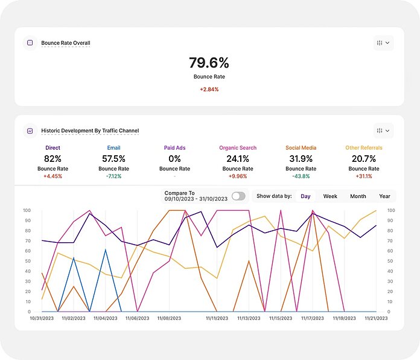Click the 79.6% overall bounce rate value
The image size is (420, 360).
pyautogui.click(x=209, y=63)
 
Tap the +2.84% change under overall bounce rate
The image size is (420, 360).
pyautogui.click(x=209, y=89)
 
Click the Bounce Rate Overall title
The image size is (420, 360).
pyautogui.click(x=65, y=43)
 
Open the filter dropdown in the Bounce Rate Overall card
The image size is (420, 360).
pyautogui.click(x=383, y=43)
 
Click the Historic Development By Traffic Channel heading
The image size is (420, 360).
pyautogui.click(x=90, y=130)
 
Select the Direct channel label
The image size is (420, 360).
pyautogui.click(x=52, y=147)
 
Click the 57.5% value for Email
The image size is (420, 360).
pyautogui.click(x=113, y=158)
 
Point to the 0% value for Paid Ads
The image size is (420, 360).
pyautogui.click(x=174, y=158)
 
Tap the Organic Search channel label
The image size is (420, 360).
pyautogui.click(x=237, y=147)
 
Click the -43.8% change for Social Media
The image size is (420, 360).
pyautogui.click(x=301, y=176)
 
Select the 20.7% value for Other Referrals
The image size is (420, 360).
pyautogui.click(x=364, y=158)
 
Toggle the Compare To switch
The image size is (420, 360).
pyautogui.click(x=238, y=196)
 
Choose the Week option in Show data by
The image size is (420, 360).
pyautogui.click(x=330, y=196)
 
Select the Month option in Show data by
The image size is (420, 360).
pyautogui.click(x=358, y=196)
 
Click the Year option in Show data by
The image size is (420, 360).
pyautogui.click(x=384, y=196)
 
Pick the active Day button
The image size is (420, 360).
pyautogui.click(x=305, y=196)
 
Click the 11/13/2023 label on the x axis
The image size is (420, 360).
pyautogui.click(x=249, y=318)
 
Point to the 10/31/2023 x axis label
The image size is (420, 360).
pyautogui.click(x=42, y=318)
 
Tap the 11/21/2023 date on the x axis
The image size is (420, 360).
pyautogui.click(x=375, y=318)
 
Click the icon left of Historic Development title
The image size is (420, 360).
pyautogui.click(x=30, y=130)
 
